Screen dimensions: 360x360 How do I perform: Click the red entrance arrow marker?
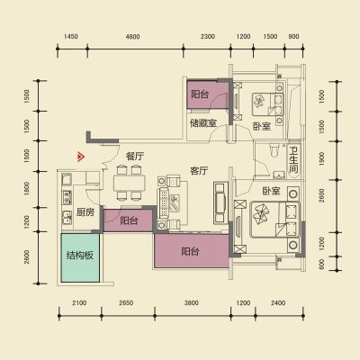pos(80,157)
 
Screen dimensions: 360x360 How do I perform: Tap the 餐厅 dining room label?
pos(135,157)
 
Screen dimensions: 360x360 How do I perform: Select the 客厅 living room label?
pos(199,171)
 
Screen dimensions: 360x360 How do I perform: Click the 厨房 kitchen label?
pos(85,212)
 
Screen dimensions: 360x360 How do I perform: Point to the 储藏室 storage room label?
pos(203,123)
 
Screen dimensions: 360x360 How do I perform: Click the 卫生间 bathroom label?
pos(293,159)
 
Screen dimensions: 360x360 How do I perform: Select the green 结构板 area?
pos(80,257)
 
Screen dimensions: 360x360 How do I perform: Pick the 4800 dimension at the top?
pos(132,37)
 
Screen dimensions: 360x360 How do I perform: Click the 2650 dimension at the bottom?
pos(126,302)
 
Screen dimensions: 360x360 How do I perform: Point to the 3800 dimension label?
pos(192,302)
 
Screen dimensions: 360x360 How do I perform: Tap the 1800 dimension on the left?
pos(27,189)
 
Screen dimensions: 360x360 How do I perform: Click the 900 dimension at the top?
pos(293,37)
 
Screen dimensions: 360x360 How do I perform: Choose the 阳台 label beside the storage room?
pos(200,94)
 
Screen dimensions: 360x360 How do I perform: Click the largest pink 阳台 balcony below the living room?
pos(191,251)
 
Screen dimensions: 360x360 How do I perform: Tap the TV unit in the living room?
pos(220,202)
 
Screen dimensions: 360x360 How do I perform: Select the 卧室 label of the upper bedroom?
pos(262,126)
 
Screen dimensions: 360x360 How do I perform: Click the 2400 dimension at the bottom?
pos(278,302)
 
